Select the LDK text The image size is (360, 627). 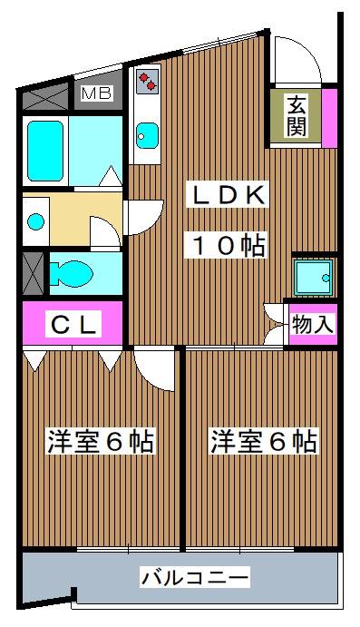click(x=227, y=194)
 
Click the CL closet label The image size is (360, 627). click(x=73, y=323)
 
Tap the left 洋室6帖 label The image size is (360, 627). click(x=100, y=442)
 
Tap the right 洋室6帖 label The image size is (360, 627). click(x=264, y=442)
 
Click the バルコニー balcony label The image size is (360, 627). click(x=195, y=577)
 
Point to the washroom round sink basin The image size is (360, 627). click(x=36, y=220)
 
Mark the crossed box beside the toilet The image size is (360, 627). click(x=33, y=270)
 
